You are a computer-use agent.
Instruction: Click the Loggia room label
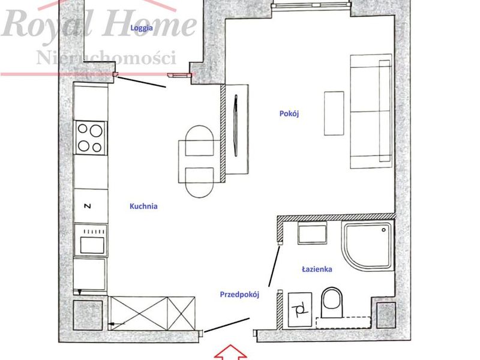click(x=142, y=28)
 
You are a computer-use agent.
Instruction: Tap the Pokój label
click(x=289, y=113)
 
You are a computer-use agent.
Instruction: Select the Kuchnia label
click(x=143, y=206)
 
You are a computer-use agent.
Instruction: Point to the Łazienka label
click(x=317, y=269)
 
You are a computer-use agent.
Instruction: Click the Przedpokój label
click(x=239, y=295)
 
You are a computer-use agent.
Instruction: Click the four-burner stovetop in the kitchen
click(x=91, y=138)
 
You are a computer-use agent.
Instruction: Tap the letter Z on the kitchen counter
click(x=88, y=206)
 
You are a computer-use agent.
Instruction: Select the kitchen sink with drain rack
click(x=91, y=241)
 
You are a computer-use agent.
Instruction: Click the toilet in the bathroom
click(x=332, y=302)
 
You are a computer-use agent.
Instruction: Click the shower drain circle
click(x=383, y=230)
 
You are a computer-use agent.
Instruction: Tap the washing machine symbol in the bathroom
click(x=300, y=310)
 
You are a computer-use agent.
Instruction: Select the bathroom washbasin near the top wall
click(x=312, y=233)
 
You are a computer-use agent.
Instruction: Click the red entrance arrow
click(x=230, y=352)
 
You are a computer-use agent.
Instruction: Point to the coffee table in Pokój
click(x=334, y=113)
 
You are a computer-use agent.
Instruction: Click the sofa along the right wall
click(x=371, y=111)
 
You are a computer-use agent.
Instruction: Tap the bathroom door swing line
click(x=274, y=266)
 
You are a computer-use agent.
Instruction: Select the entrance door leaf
click(x=227, y=325)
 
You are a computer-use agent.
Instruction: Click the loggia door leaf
click(x=142, y=82)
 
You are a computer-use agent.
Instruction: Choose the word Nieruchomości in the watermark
click(x=106, y=57)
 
